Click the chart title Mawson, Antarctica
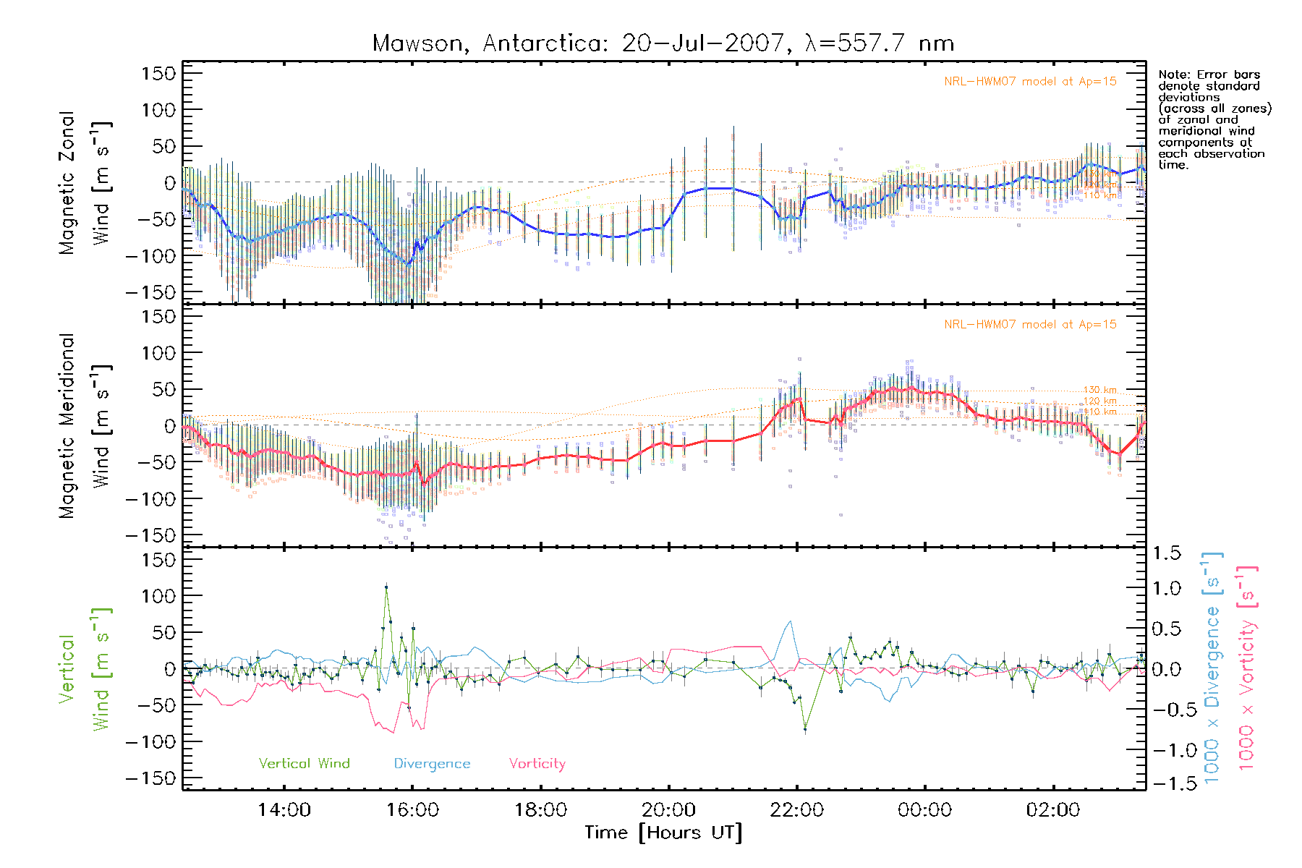tap(663, 43)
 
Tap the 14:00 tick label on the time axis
tap(284, 810)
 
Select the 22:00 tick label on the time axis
tap(796, 810)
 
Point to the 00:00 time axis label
tap(924, 810)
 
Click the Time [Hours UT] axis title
tap(663, 833)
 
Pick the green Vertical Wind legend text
tap(304, 763)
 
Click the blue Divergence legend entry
tap(432, 763)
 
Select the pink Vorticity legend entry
tap(537, 763)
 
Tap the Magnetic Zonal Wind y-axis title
tap(85, 183)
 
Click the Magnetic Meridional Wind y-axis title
tap(85, 426)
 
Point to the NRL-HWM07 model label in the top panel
tap(1030, 82)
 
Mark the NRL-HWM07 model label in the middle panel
tap(1030, 325)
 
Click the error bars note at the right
tap(1214, 119)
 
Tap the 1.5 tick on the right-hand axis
tap(1166, 553)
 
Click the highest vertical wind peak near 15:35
tap(386, 587)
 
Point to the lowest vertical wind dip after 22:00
tap(805, 730)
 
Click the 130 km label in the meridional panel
tap(1099, 390)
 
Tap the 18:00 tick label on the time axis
tap(540, 810)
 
